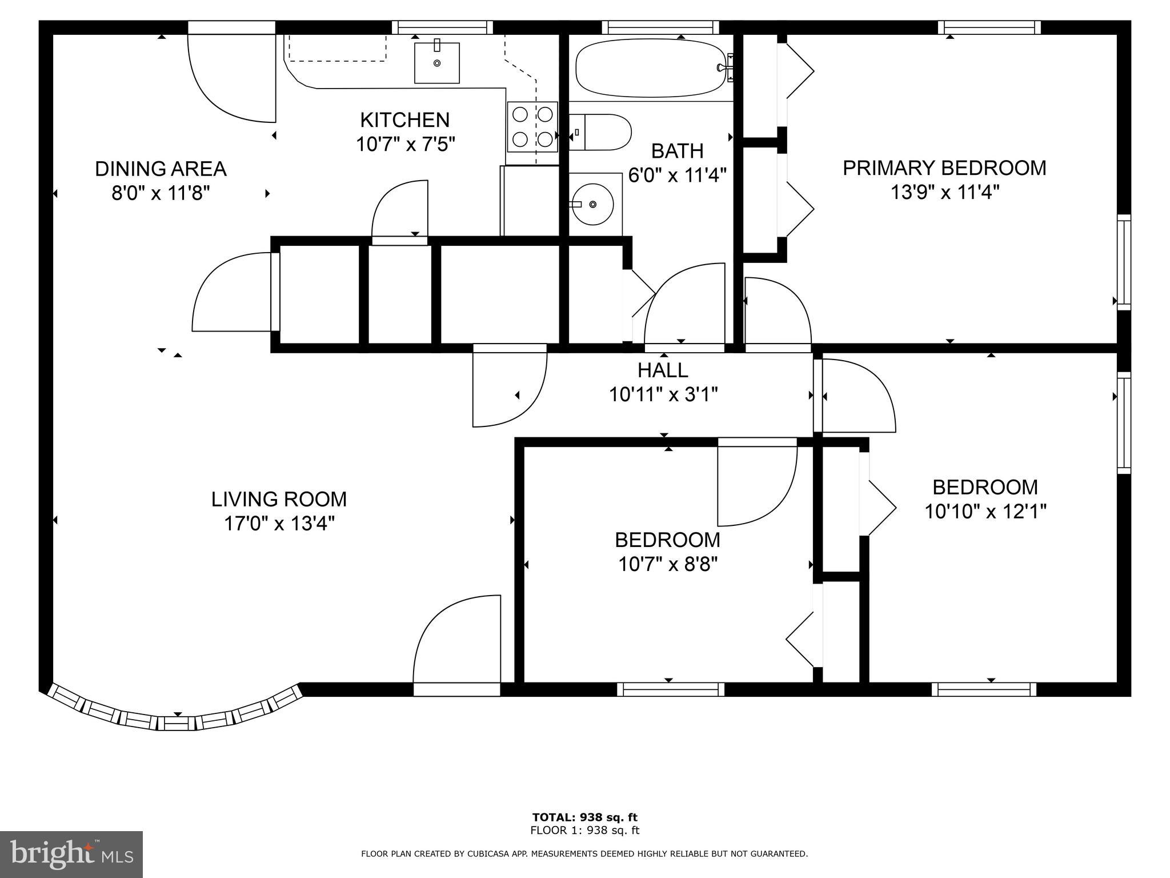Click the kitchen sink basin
click(x=437, y=63)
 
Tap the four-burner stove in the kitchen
click(x=532, y=127)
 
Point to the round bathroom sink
click(x=593, y=204)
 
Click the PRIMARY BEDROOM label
click(x=944, y=168)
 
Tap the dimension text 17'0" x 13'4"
click(x=279, y=523)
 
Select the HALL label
click(x=663, y=370)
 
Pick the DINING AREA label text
click(x=161, y=169)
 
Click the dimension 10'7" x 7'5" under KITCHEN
click(x=405, y=144)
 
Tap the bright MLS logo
click(x=71, y=854)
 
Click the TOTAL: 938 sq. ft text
click(x=584, y=817)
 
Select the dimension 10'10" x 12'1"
click(x=985, y=511)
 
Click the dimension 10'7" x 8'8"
click(x=667, y=565)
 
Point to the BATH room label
click(x=677, y=151)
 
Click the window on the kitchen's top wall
click(x=442, y=27)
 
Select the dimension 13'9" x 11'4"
click(x=944, y=193)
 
